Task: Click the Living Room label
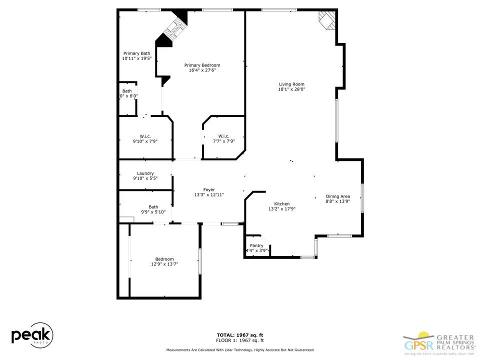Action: (291, 84)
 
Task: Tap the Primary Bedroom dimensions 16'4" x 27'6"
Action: (202, 70)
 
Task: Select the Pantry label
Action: (256, 245)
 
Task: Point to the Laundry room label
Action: (145, 173)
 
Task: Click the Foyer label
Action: (209, 189)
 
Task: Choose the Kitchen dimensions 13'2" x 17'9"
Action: (282, 209)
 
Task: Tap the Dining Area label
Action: (338, 196)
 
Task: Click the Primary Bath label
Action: (136, 53)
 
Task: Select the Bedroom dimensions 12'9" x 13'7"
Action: (164, 264)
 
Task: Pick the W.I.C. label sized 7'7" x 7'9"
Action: (223, 136)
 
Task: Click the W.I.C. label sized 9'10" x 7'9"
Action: (145, 136)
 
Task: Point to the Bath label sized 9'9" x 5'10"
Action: (153, 207)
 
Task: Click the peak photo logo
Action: (32, 335)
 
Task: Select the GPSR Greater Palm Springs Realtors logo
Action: (439, 341)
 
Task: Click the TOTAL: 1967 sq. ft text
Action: (239, 335)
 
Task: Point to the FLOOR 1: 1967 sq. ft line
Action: (239, 340)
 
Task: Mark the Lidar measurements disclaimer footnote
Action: (239, 350)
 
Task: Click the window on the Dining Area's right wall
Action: (362, 197)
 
